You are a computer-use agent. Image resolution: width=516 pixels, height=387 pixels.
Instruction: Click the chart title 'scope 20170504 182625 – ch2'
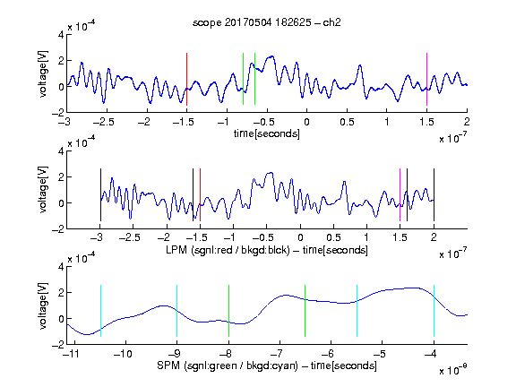(267, 22)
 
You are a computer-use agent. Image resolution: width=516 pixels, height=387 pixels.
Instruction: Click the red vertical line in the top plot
(186, 79)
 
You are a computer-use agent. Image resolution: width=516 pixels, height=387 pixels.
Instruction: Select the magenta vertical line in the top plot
(426, 79)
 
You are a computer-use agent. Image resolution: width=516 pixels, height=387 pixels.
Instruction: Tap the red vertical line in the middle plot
(200, 194)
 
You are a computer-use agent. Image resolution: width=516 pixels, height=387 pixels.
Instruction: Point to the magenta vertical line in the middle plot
(400, 194)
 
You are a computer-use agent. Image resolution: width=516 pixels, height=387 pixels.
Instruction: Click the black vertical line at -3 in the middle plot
(100, 194)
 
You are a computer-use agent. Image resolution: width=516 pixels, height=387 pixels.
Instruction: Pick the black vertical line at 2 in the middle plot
(434, 194)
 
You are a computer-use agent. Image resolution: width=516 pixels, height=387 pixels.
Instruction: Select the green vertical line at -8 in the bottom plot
(228, 311)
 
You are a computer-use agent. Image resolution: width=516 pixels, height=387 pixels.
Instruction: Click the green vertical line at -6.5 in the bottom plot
(305, 311)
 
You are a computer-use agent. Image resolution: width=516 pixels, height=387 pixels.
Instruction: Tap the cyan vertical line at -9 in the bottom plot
(177, 311)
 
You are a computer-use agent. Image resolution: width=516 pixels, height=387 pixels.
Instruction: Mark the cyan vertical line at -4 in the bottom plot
(434, 311)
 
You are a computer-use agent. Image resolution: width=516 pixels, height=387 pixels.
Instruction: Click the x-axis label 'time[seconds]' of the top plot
(267, 133)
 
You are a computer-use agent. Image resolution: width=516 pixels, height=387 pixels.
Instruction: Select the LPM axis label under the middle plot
(267, 250)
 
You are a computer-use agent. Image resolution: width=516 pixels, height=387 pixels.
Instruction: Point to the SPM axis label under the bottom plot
(267, 365)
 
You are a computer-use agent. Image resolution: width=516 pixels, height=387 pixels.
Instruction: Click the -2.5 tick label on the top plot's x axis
(103, 122)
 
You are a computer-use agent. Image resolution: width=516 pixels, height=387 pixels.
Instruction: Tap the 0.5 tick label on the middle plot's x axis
(333, 237)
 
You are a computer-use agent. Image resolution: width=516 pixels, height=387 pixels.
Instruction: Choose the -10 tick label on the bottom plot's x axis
(123, 354)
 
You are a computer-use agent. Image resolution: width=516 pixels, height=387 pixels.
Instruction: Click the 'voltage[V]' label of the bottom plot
(43, 305)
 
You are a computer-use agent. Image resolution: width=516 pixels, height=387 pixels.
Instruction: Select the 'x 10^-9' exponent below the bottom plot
(452, 371)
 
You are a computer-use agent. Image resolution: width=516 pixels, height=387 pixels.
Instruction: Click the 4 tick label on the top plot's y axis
(61, 34)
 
